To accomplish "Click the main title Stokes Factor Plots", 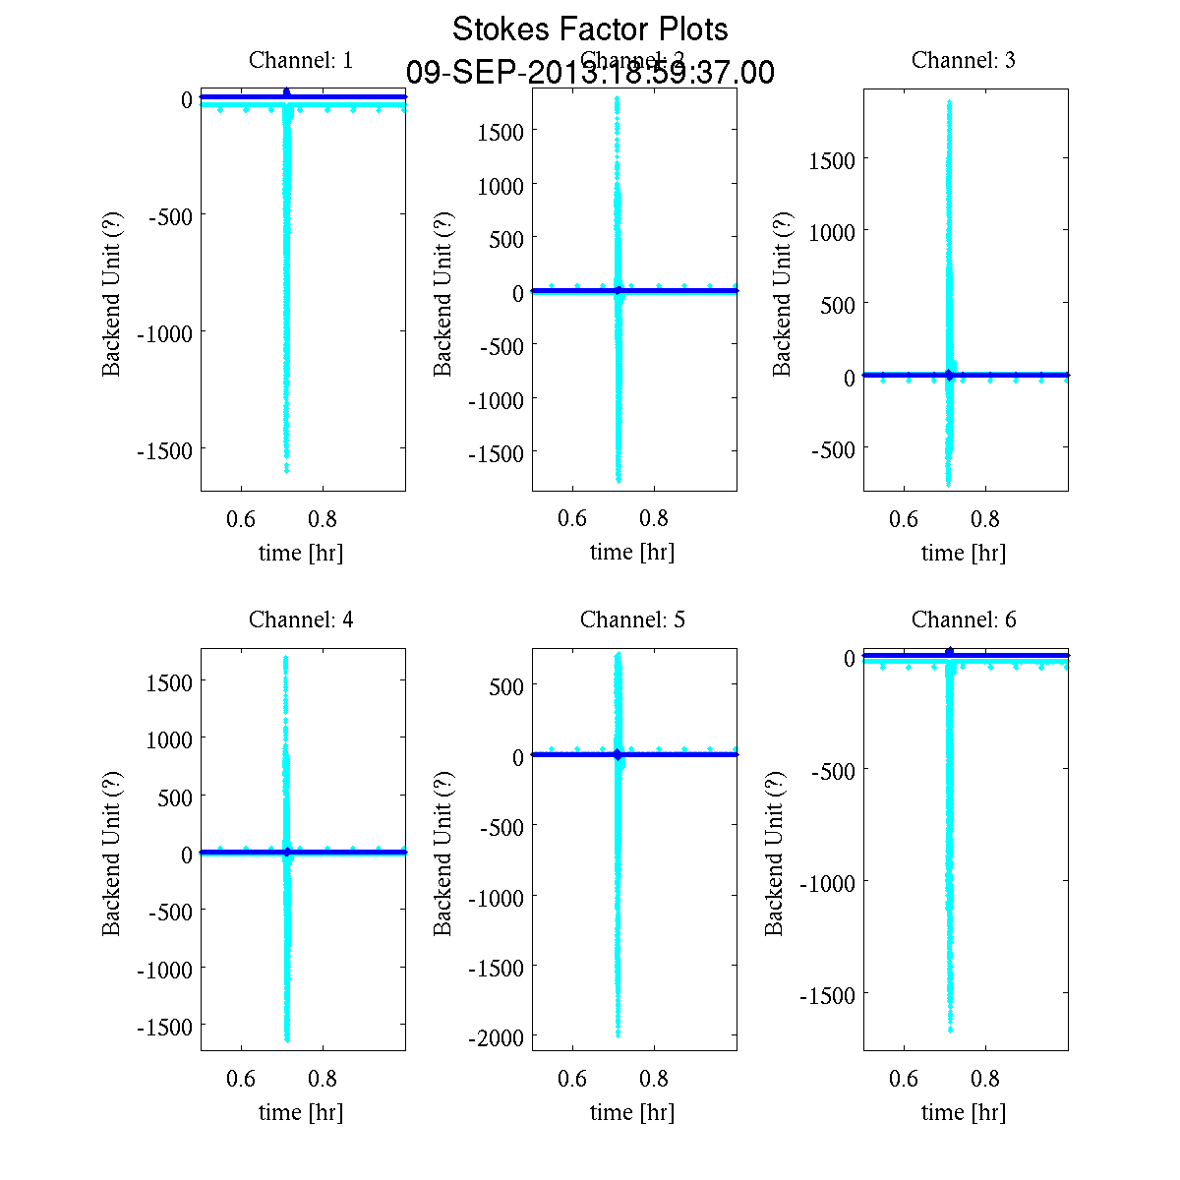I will coord(590,29).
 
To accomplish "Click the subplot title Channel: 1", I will coord(301,60).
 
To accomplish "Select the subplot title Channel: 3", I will coord(964,60).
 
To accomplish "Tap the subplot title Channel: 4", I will coord(301,619).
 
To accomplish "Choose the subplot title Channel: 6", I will coord(964,619).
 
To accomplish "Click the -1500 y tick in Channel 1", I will coord(163,450).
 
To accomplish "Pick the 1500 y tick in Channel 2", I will coord(501,131).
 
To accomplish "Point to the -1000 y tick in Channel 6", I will coord(826,883).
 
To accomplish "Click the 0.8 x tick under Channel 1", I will coord(323,519).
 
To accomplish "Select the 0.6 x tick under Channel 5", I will coord(572,1079).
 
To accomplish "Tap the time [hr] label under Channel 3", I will coord(964,553).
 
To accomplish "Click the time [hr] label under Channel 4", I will coord(301,1112).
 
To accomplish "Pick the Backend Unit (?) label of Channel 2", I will coord(442,293).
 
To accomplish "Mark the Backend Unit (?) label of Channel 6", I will coord(774,853).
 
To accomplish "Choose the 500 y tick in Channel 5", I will coord(506,686).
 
